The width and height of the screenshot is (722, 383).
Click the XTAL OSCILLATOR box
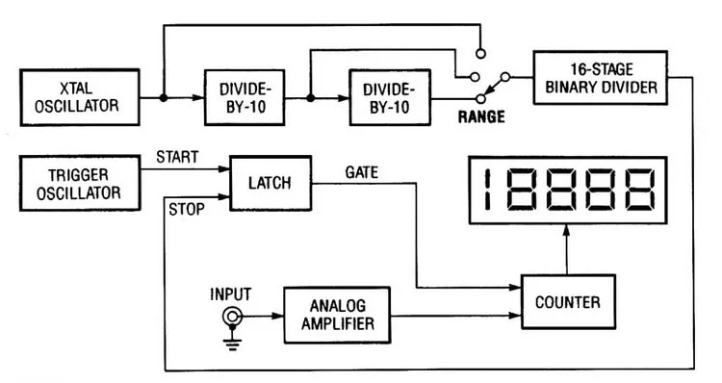coord(80,97)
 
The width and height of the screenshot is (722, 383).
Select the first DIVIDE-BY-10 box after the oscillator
coord(245,97)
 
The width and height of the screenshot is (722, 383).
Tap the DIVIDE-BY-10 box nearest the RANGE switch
coord(390,97)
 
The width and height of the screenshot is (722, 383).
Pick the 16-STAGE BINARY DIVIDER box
coord(601,78)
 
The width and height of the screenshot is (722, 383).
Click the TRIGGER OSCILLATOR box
coord(80,183)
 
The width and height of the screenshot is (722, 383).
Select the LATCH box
coord(271,183)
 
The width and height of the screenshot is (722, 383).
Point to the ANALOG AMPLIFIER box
coord(337,316)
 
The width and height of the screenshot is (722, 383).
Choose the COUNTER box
coord(568,302)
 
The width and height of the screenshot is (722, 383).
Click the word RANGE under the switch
coord(481,116)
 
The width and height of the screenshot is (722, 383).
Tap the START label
coord(177,157)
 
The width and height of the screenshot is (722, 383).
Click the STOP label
coord(187,210)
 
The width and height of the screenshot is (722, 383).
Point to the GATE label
coord(361,172)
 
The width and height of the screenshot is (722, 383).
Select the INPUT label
coord(230,294)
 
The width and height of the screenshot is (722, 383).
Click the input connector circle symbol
coord(232,317)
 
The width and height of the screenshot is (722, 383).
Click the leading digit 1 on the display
coord(487,190)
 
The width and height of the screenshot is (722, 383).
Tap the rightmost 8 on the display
coord(637,190)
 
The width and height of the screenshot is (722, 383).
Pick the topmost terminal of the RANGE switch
coord(480,54)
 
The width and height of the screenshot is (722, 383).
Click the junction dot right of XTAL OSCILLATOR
coord(163,97)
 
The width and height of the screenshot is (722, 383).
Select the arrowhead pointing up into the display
coord(566,230)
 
